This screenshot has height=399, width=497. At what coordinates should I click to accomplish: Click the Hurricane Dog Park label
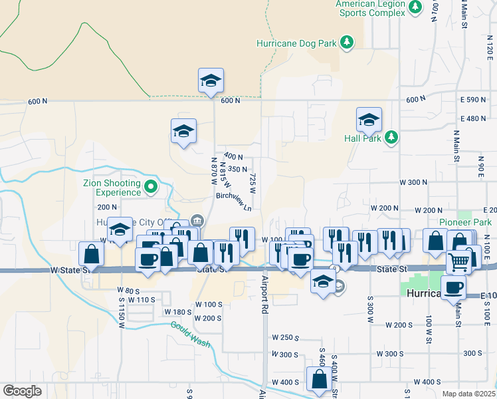297,44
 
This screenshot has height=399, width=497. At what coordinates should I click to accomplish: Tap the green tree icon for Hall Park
392,137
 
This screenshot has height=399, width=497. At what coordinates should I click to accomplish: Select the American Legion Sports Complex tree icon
416,7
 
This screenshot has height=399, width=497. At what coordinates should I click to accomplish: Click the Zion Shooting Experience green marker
151,186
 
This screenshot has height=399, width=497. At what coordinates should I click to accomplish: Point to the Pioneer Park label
464,222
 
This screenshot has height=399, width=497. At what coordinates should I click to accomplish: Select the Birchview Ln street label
235,199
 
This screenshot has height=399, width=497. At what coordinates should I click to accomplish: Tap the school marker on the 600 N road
211,81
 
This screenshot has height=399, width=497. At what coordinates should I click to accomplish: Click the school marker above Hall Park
369,120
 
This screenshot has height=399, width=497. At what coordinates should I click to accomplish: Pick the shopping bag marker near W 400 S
319,379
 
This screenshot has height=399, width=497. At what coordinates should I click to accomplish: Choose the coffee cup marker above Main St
454,287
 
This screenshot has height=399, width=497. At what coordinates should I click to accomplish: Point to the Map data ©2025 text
468,394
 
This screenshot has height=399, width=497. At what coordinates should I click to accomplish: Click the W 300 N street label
412,182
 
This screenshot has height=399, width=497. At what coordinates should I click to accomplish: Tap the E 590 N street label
474,100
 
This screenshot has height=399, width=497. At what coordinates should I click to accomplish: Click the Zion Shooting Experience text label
112,188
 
